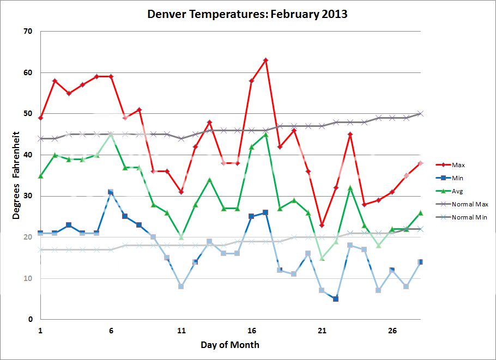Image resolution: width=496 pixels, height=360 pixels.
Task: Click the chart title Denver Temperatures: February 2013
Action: tap(247, 14)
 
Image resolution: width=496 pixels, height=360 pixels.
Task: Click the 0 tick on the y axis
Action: tap(31, 320)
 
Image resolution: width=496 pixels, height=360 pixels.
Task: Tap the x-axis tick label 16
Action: tap(252, 331)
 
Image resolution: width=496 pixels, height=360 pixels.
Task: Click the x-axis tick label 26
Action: tap(392, 331)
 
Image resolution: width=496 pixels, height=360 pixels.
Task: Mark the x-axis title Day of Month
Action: tap(229, 345)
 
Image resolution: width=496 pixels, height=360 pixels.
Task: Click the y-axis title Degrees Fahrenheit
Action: tap(17, 175)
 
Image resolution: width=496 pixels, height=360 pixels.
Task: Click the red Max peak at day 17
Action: tap(265, 60)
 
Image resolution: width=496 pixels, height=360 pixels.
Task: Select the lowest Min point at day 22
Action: tap(336, 298)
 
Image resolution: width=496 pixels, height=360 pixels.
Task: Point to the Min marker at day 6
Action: tap(111, 192)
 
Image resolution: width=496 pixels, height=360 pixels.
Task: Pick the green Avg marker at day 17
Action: tap(265, 135)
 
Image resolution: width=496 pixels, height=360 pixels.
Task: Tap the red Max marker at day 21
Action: tap(322, 225)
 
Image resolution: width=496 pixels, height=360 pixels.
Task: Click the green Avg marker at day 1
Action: tap(40, 176)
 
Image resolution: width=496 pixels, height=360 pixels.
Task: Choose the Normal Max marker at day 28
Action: tap(420, 114)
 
